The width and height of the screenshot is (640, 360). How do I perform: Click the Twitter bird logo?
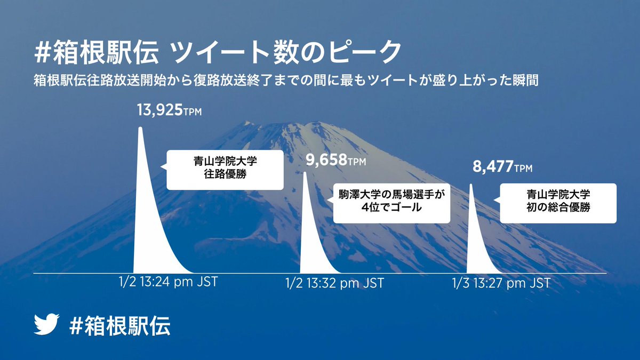pos(46,324)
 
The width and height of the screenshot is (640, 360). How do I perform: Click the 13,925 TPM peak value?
pos(169,110)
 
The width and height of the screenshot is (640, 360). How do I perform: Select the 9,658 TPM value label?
pos(335,160)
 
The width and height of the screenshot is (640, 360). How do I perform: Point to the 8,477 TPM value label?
pos(502,166)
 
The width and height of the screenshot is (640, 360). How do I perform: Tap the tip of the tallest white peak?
pos(140,127)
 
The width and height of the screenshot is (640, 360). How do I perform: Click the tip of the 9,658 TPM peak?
pos(305,172)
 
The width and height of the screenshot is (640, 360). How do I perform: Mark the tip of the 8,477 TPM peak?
pos(471,185)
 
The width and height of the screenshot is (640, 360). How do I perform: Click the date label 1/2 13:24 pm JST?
pos(169,282)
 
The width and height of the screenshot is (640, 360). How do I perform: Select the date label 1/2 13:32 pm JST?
pos(334,283)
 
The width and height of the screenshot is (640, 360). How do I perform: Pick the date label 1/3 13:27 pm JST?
pos(501,283)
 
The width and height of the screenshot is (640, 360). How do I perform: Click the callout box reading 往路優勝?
pos(225,170)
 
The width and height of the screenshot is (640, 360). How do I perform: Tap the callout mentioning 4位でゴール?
pos(391,203)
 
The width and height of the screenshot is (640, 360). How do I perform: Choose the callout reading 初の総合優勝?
pos(558,203)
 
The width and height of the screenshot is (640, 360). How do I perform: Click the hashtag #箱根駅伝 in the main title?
pos(97,52)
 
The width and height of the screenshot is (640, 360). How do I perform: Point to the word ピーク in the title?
pos(365,52)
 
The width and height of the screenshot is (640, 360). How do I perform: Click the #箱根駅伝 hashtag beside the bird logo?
pos(119,325)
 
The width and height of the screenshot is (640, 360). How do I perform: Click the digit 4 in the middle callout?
pos(365,207)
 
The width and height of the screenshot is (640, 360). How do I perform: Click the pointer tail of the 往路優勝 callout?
pos(163,166)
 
